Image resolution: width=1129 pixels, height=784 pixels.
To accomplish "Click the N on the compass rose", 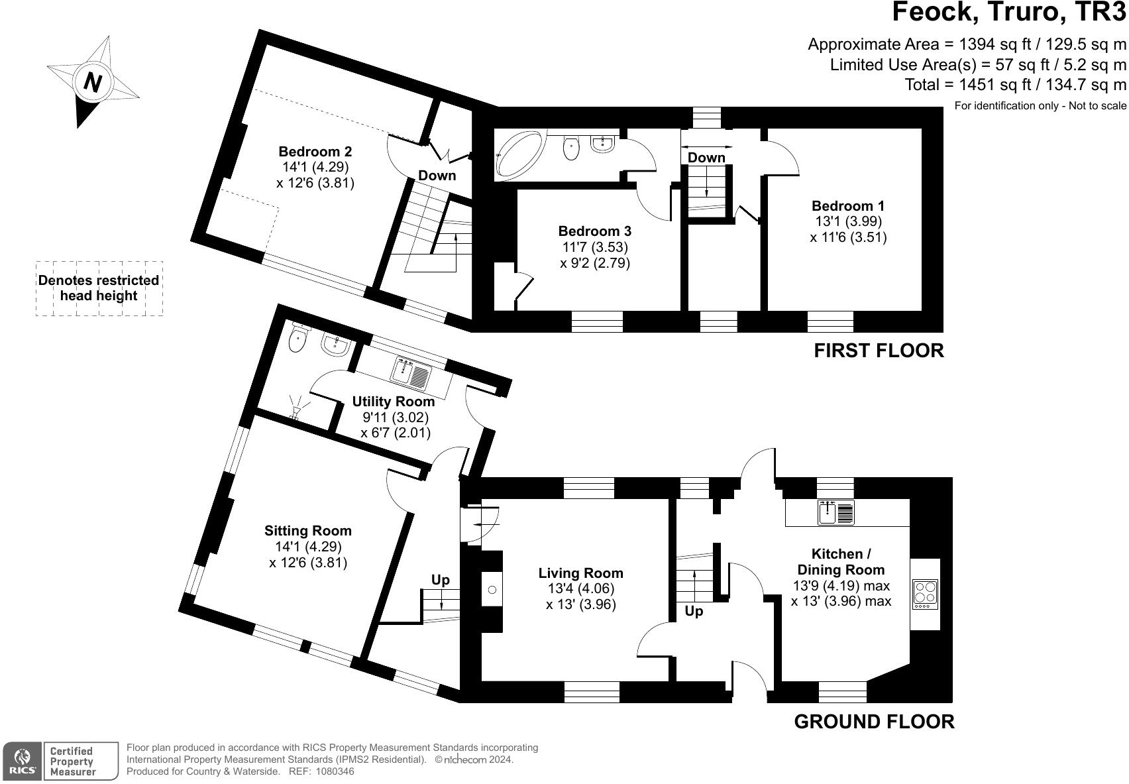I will pos(93,83).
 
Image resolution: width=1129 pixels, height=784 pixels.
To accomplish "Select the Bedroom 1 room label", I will pos(847,205).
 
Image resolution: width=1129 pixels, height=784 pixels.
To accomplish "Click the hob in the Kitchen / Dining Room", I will pos(925,594).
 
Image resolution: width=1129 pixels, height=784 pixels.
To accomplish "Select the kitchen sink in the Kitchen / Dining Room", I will pos(836,512).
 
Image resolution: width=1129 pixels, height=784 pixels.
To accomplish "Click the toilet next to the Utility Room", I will pos(299,338).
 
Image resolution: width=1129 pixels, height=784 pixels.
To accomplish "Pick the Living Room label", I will pos(580,573).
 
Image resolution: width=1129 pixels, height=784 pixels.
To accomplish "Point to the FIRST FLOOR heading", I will pos(878,351).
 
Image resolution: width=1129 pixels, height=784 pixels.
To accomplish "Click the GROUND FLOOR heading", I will pos(874,722).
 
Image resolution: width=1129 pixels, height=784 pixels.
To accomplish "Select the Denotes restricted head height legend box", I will pos(99,288).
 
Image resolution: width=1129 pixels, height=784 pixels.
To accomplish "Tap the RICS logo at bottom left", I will pos(23,761).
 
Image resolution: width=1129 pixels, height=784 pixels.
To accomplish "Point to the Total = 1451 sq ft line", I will pos(1015,85).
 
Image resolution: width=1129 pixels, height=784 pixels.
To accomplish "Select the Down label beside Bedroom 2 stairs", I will pos(437,176).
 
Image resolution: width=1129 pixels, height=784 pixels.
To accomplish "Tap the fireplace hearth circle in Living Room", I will pos(491,589).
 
